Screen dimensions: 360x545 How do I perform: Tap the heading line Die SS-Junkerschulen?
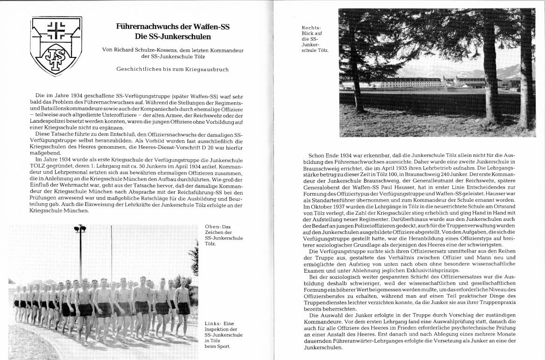pyautogui.click(x=173, y=36)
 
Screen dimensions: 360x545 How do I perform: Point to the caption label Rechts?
pyautogui.click(x=311, y=28)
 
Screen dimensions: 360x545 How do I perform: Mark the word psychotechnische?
pyautogui.click(x=474, y=329)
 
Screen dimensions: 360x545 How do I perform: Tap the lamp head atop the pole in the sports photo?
pyautogui.click(x=80, y=229)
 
